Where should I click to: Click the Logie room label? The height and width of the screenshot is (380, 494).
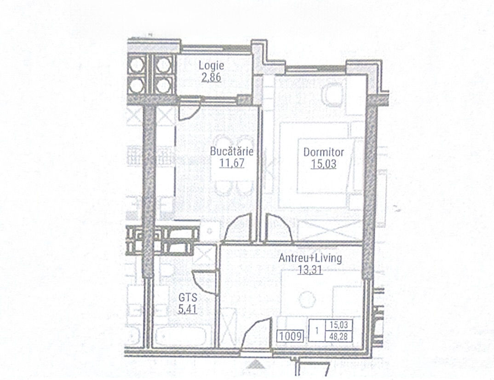tap(212, 66)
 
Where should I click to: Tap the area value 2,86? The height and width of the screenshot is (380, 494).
tap(211, 77)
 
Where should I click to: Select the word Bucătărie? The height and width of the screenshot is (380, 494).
tap(231, 151)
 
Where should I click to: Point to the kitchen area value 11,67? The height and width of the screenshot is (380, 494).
tap(231, 163)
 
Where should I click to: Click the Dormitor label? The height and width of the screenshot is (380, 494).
tap(323, 152)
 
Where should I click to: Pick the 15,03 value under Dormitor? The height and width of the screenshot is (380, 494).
tap(323, 164)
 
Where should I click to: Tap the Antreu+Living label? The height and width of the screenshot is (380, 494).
tap(310, 258)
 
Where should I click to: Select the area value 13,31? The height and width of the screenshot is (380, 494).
tap(310, 270)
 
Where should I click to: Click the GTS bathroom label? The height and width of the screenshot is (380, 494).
tap(188, 298)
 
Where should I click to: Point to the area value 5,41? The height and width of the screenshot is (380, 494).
tap(188, 309)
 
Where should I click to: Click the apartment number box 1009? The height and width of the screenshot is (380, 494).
tap(291, 336)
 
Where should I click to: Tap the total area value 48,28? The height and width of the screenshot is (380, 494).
tap(339, 336)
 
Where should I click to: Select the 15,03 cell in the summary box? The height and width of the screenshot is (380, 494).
tap(339, 325)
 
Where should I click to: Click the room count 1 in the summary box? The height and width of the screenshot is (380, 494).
tap(317, 330)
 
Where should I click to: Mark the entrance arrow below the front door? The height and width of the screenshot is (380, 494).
tap(256, 364)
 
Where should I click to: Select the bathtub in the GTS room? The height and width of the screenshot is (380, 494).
tap(180, 337)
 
